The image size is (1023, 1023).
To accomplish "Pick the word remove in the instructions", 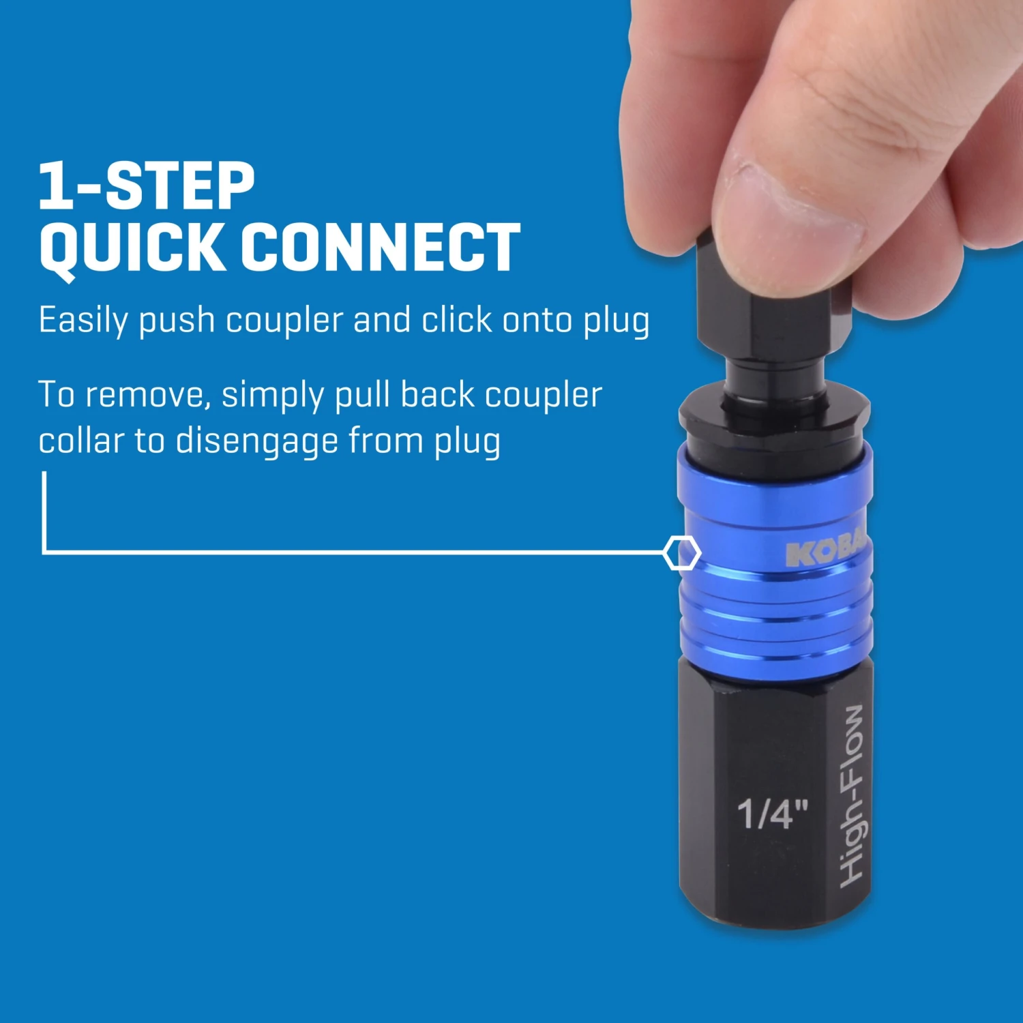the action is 149,396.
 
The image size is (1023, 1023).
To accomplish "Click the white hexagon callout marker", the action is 681,552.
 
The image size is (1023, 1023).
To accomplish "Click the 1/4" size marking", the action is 773,813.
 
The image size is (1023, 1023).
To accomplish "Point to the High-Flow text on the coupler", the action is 852,796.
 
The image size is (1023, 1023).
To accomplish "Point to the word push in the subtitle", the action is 177,323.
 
